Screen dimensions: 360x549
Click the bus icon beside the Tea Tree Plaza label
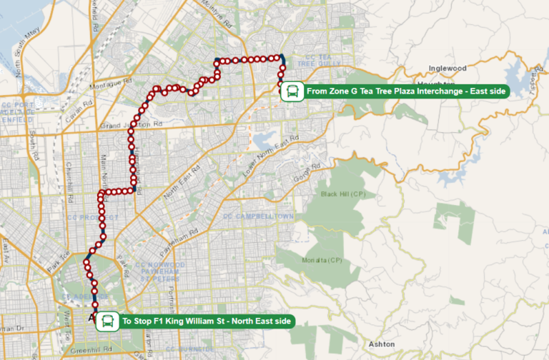[291, 91]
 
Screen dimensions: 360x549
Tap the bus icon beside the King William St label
[107, 321]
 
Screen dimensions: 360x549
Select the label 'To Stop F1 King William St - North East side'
[207, 321]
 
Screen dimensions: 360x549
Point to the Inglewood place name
[447, 69]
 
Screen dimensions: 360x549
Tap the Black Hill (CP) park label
[343, 194]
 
